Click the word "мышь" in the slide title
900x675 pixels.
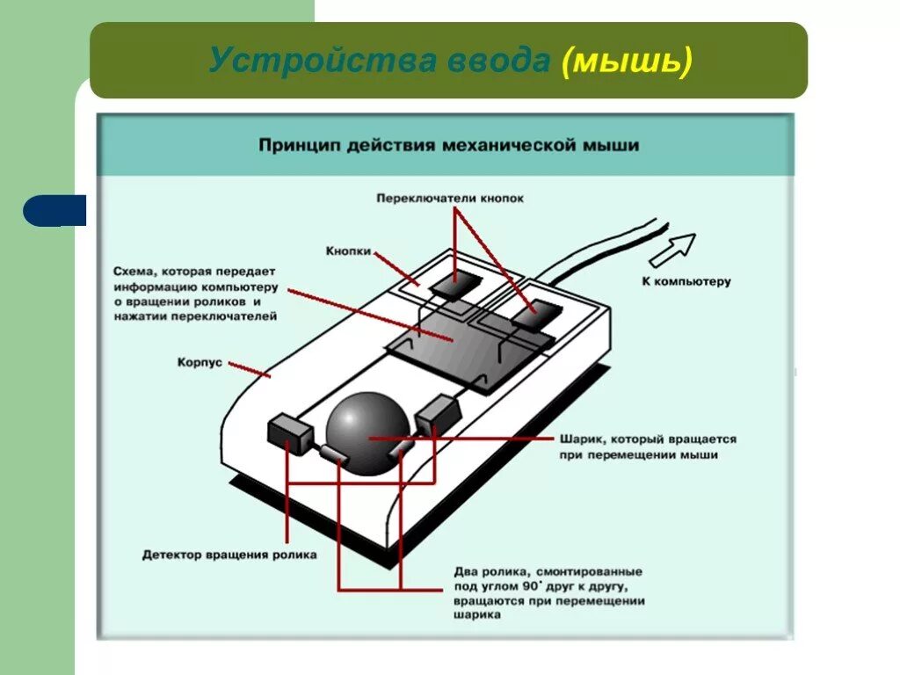click(627, 61)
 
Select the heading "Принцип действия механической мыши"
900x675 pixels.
click(448, 144)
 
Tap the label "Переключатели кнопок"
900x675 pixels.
click(449, 198)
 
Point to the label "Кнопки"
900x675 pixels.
click(348, 250)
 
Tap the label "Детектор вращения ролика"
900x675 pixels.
click(229, 555)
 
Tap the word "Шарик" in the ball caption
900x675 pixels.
click(579, 439)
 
